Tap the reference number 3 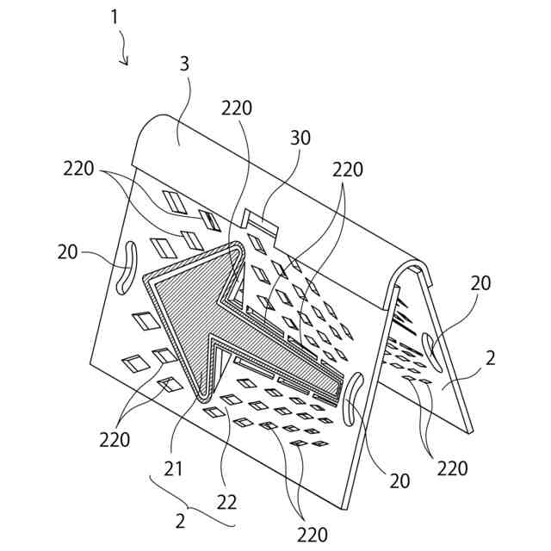point(185,65)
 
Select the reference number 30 point(300,138)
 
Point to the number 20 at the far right point(482,284)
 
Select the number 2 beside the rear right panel point(490,360)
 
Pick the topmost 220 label point(236,108)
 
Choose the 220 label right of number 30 point(348,170)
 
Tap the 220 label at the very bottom point(313,534)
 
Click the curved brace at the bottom point(194,508)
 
